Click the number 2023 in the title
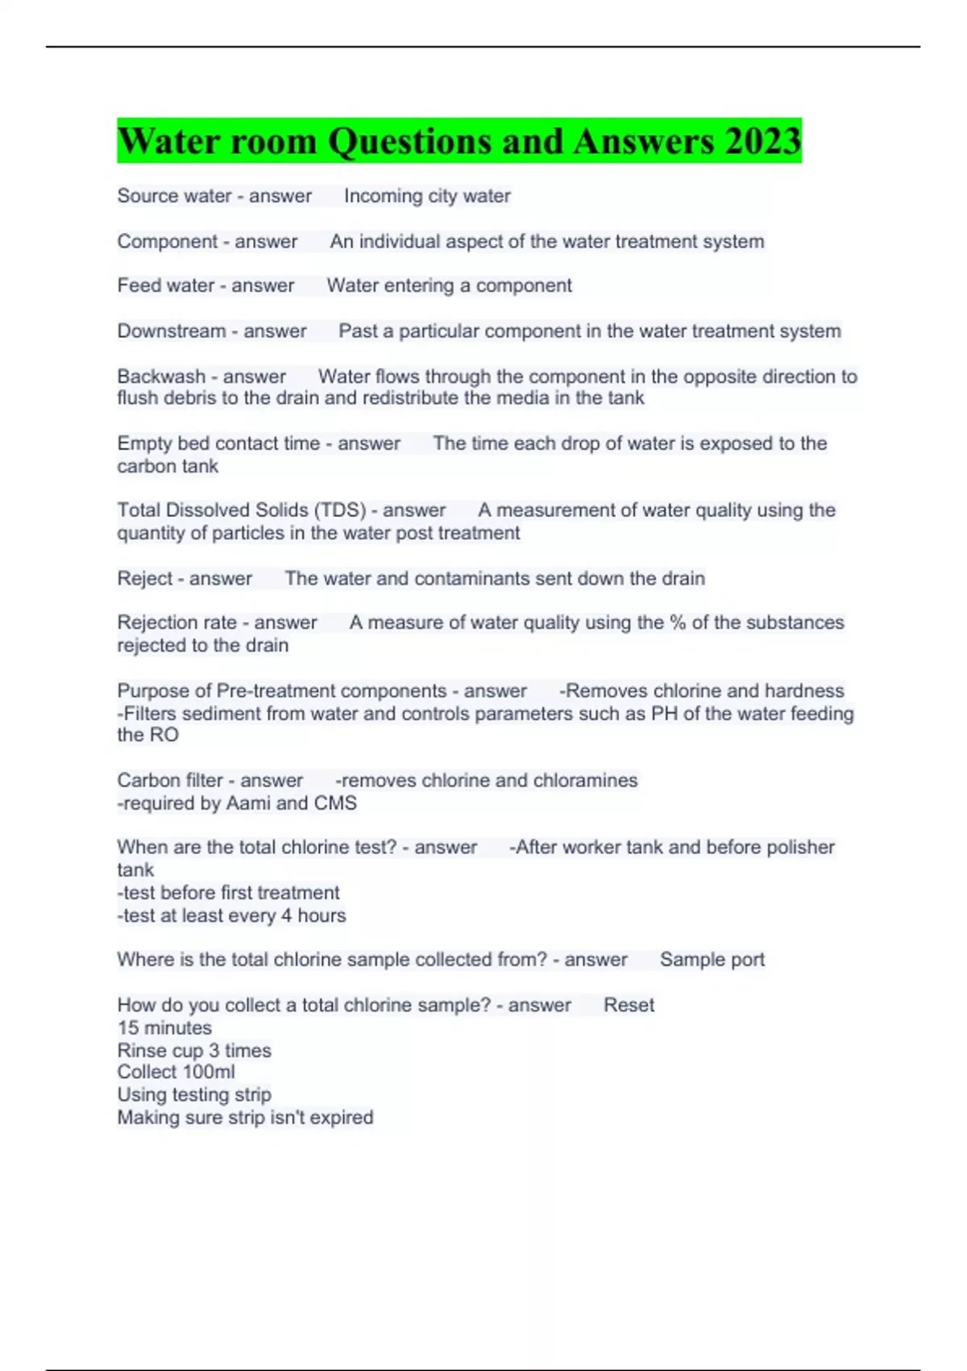point(762,141)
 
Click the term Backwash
point(161,377)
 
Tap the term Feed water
point(165,285)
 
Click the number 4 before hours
point(286,916)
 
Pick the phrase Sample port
point(712,960)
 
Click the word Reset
point(629,1006)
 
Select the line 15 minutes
point(164,1028)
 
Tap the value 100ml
point(210,1073)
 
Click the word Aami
point(248,803)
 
